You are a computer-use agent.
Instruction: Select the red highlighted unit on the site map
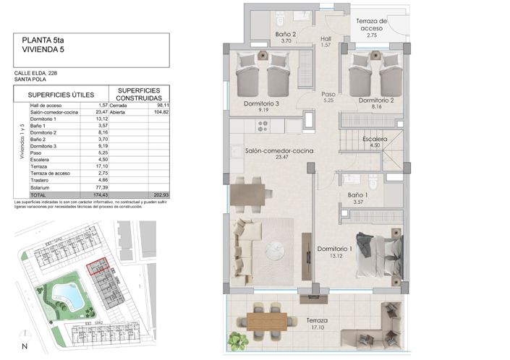[95, 268]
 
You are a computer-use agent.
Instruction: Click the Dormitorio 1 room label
[335, 252]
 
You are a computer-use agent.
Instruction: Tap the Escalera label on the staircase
[374, 140]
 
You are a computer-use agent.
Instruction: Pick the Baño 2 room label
[286, 34]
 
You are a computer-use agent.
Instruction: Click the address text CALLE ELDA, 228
[36, 73]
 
